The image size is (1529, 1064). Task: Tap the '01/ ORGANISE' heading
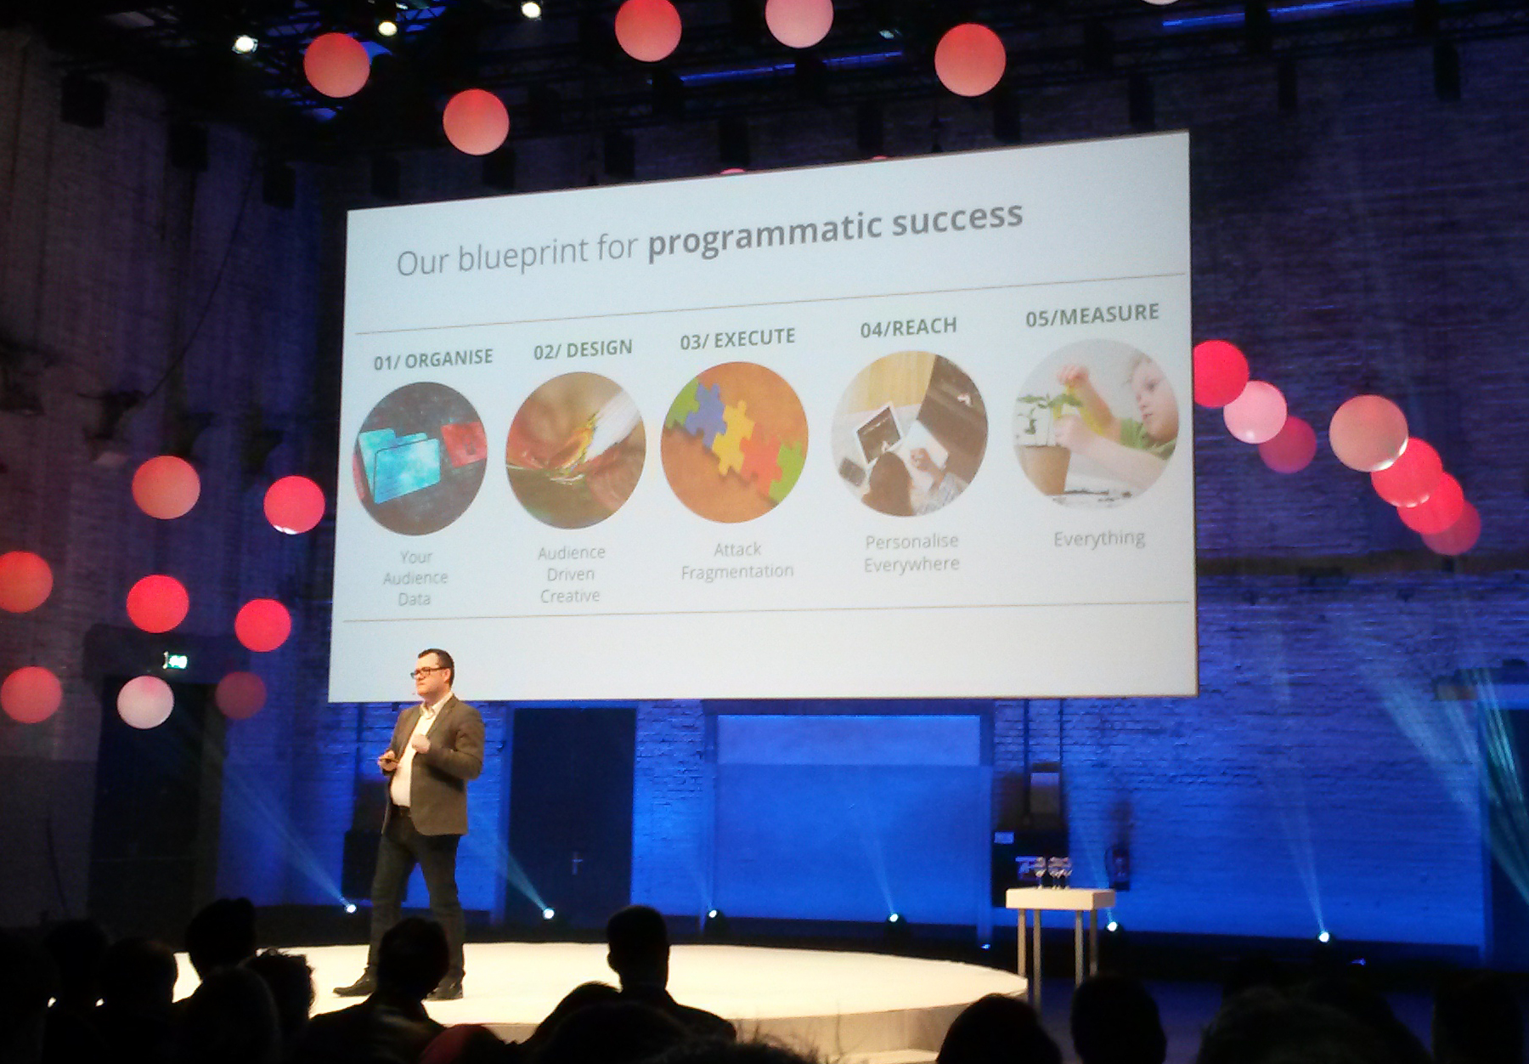pyautogui.click(x=433, y=359)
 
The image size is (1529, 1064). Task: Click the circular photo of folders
pyautogui.click(x=420, y=458)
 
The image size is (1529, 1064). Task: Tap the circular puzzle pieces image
pyautogui.click(x=734, y=441)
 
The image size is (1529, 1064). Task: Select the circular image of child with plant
pyautogui.click(x=1096, y=423)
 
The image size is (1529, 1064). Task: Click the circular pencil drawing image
pyautogui.click(x=576, y=450)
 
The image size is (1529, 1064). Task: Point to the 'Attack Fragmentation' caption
pyautogui.click(x=737, y=561)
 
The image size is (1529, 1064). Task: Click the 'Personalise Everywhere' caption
pyautogui.click(x=911, y=552)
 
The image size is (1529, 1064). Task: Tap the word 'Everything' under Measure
pyautogui.click(x=1099, y=539)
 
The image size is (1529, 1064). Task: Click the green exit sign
pyautogui.click(x=175, y=660)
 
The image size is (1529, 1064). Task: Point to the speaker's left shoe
pyautogui.click(x=446, y=990)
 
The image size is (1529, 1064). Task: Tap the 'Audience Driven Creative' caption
pyautogui.click(x=571, y=574)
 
